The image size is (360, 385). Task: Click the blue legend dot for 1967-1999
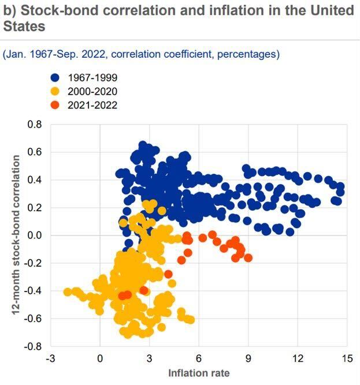pyautogui.click(x=55, y=78)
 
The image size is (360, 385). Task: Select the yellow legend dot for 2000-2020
pyautogui.click(x=55, y=91)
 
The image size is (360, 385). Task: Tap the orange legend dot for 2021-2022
pyautogui.click(x=55, y=105)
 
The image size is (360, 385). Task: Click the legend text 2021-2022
pyautogui.click(x=92, y=105)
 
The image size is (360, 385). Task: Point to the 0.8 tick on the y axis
pyautogui.click(x=35, y=124)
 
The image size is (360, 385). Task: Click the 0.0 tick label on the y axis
pyautogui.click(x=35, y=236)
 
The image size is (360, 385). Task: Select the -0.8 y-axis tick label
pyautogui.click(x=34, y=347)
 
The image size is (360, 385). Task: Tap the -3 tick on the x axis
pyautogui.click(x=50, y=358)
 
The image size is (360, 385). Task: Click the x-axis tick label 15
pyautogui.click(x=347, y=358)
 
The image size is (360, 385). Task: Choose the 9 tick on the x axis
pyautogui.click(x=248, y=358)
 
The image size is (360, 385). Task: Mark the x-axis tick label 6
pyautogui.click(x=199, y=358)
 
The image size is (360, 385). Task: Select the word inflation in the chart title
pyautogui.click(x=228, y=11)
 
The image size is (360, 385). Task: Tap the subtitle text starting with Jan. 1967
pyautogui.click(x=142, y=54)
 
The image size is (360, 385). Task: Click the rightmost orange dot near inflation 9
pyautogui.click(x=248, y=257)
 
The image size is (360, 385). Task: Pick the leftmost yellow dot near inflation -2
pyautogui.click(x=68, y=291)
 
